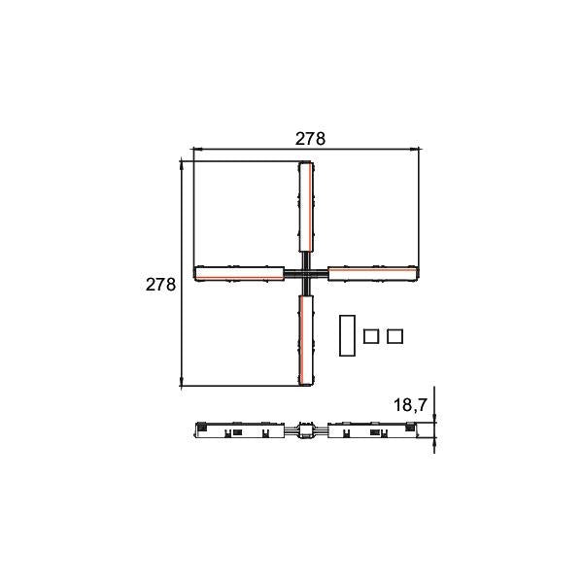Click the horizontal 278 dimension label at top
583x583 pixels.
[x=310, y=139]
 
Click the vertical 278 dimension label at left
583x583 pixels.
[x=160, y=285]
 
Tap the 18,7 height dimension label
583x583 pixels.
[x=410, y=405]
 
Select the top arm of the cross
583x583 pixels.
[x=307, y=207]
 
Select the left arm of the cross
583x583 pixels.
[x=239, y=273]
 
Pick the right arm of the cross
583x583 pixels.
[x=373, y=273]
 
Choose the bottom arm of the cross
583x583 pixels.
[x=306, y=340]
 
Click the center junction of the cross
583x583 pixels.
[x=306, y=274]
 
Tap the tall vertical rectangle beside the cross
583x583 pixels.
[x=347, y=335]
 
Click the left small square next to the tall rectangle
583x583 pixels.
[x=371, y=336]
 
